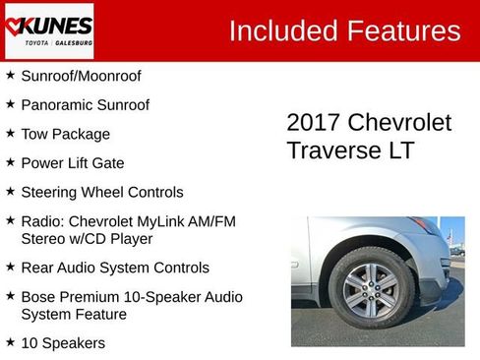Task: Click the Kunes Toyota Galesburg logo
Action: coord(48,30)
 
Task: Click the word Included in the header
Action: coord(282,30)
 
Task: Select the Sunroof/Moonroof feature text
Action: coord(81,76)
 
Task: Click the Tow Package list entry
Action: coord(65,135)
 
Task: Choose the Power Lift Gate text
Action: coord(73,163)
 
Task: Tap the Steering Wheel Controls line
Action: coord(101,192)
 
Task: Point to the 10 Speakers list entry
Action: coord(63,343)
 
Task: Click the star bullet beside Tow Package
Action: coord(10,133)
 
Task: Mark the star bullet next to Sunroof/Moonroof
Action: coord(10,75)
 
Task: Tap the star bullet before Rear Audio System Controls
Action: coord(10,267)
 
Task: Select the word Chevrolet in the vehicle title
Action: coord(402,123)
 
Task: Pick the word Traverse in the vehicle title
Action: coord(334,150)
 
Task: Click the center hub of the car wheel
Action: coord(370,287)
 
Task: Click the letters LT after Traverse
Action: coord(401,150)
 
